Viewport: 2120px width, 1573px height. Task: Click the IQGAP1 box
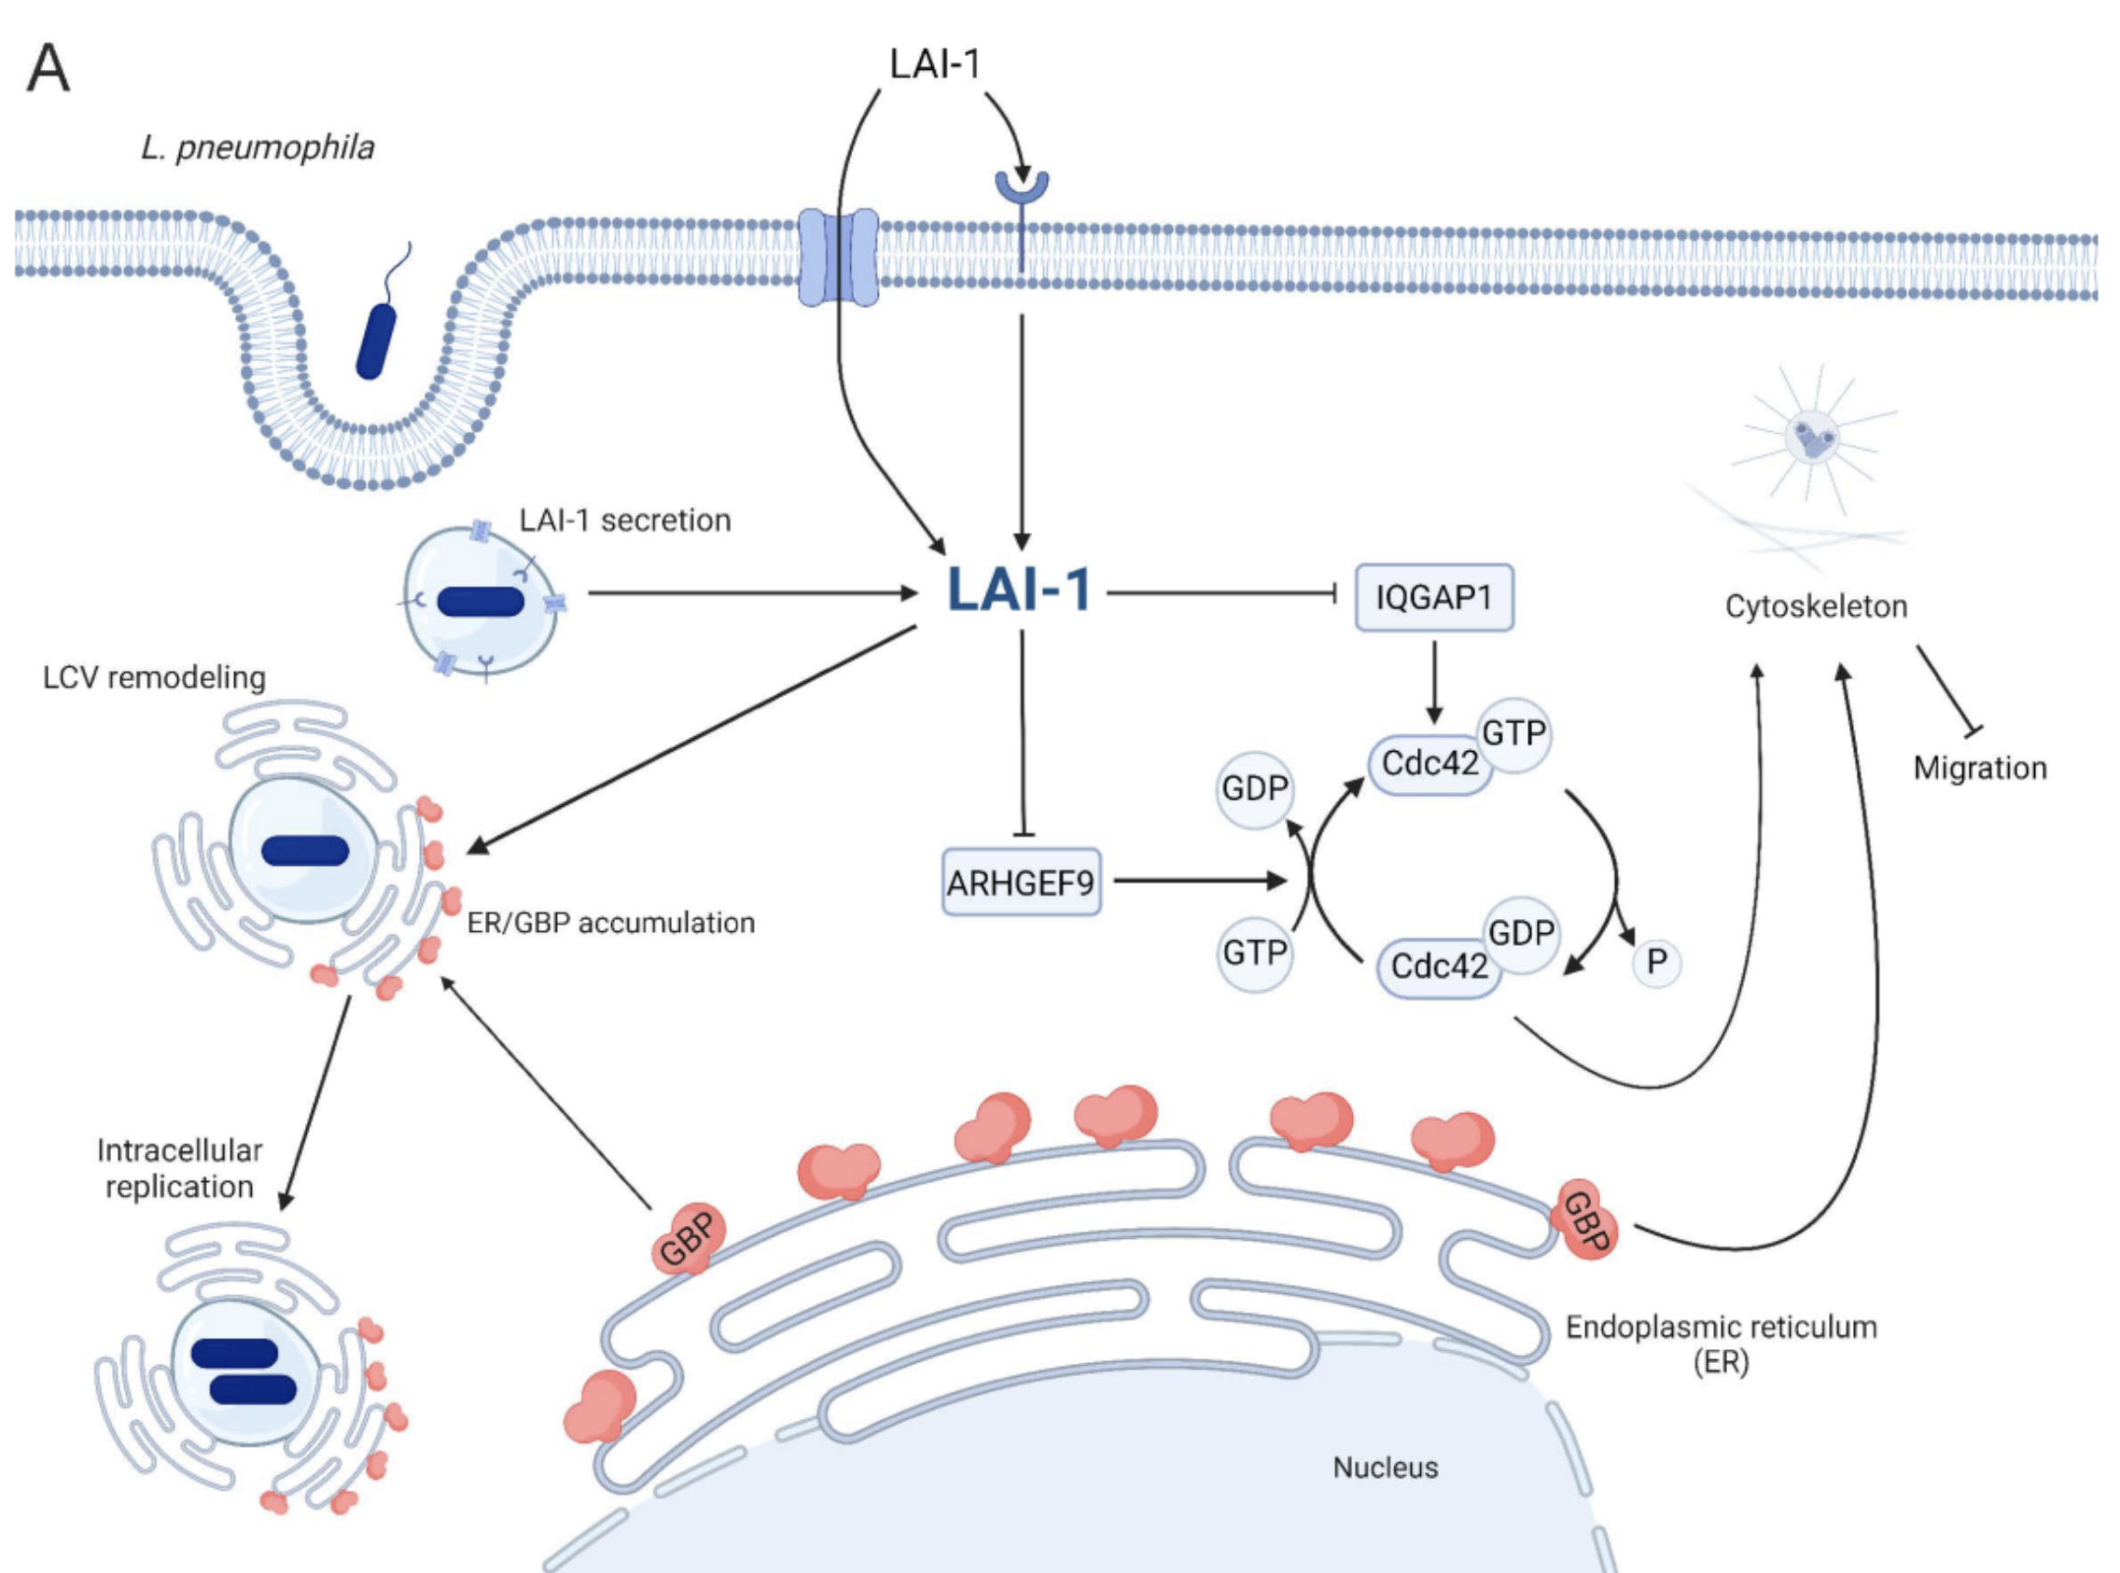[x=1433, y=598]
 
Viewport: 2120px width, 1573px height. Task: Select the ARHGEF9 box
[x=1021, y=883]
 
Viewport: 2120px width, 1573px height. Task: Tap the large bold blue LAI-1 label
[x=1019, y=591]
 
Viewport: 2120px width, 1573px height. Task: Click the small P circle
[x=1656, y=963]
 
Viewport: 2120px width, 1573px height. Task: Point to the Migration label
[x=1979, y=769]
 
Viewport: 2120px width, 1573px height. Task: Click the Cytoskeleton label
[x=1815, y=606]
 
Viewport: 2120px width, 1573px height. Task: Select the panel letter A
[x=48, y=70]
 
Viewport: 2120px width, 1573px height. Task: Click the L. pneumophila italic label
[x=258, y=147]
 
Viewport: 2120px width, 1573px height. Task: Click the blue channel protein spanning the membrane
[x=838, y=258]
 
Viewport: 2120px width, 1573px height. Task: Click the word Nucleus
[x=1385, y=1468]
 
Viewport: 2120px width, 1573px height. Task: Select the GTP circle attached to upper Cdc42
[x=1513, y=733]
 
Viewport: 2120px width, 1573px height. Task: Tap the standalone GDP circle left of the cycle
[x=1254, y=788]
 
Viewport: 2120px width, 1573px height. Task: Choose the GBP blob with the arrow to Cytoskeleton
[x=1585, y=1221]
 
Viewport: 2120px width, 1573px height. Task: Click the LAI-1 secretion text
[x=625, y=521]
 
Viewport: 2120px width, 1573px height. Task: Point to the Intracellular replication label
[x=179, y=1168]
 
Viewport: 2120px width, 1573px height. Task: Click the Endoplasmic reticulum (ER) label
[x=1720, y=1343]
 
